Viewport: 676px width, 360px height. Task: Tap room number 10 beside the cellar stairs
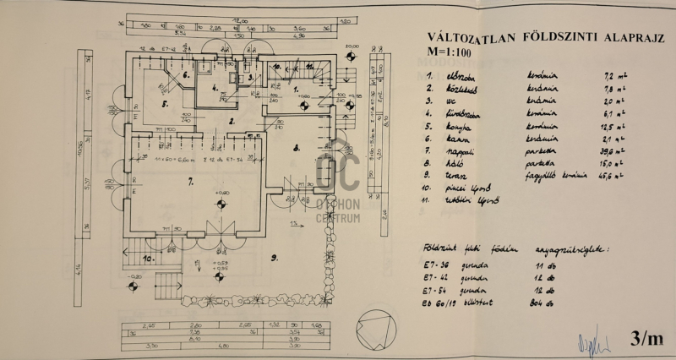point(146,259)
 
